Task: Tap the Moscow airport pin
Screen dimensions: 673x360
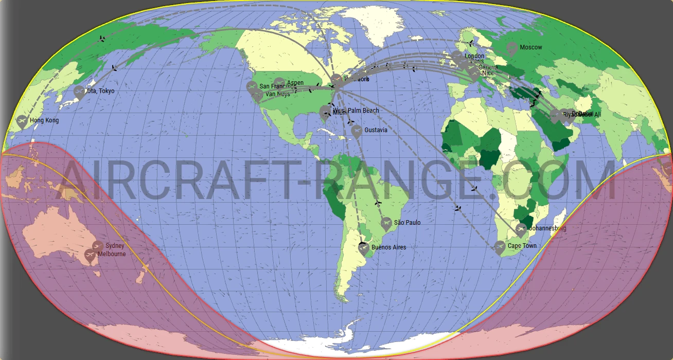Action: (x=511, y=48)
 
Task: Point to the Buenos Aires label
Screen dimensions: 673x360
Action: (x=388, y=247)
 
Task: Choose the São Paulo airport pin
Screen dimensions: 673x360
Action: (x=386, y=223)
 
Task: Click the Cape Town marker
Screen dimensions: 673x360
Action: (x=500, y=247)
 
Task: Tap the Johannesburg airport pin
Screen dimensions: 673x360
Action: (x=521, y=229)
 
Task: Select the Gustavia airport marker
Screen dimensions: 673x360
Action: (x=357, y=131)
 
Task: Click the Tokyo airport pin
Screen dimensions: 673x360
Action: (x=79, y=92)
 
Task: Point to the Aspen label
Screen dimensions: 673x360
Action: (x=295, y=83)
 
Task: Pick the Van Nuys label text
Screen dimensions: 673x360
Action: (x=277, y=94)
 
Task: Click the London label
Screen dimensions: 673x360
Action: (x=474, y=56)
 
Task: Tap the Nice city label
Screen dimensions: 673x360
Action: (x=488, y=73)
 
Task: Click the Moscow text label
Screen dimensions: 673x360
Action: (x=530, y=47)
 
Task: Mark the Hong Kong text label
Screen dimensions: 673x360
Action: (x=44, y=121)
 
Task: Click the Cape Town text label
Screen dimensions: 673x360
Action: (x=522, y=246)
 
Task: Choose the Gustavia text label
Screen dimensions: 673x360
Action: (x=376, y=130)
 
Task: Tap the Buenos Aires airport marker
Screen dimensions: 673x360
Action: (x=363, y=248)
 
